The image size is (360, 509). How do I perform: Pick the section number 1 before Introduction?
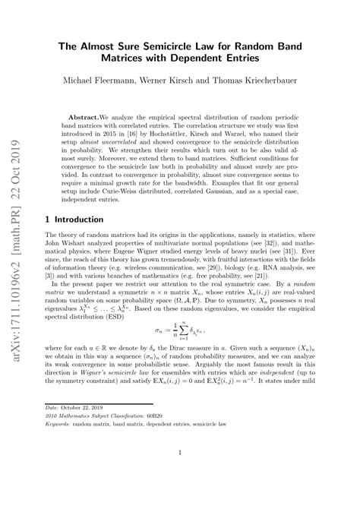pos(49,218)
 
